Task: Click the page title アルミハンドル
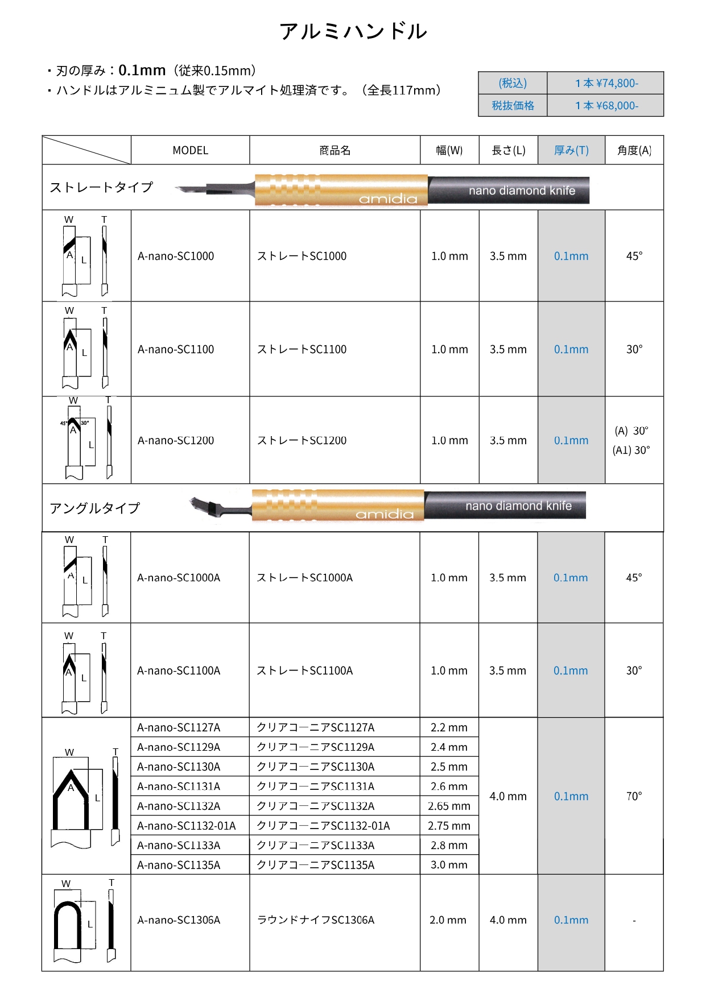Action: (353, 31)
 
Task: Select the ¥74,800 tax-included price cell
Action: (606, 83)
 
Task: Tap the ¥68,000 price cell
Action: (606, 106)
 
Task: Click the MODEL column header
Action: (190, 151)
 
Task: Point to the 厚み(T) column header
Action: (571, 151)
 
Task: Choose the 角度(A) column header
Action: (634, 151)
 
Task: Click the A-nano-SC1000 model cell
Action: (176, 256)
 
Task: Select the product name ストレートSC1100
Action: (302, 350)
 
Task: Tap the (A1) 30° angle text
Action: (631, 450)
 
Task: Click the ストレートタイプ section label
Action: (101, 188)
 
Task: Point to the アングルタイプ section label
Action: (94, 508)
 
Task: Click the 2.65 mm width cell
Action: (449, 806)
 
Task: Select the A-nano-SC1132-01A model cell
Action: (186, 826)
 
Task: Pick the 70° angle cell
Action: (634, 796)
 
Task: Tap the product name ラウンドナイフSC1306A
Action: (316, 920)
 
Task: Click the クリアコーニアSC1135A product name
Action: (315, 866)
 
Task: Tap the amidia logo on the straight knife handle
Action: (388, 198)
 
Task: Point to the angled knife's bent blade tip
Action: (200, 506)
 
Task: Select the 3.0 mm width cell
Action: (449, 866)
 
